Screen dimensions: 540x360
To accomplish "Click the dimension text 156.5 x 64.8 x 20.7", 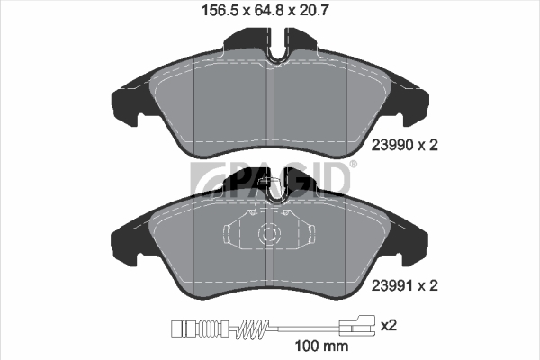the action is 265,11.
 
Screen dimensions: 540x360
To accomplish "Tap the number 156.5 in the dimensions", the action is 220,11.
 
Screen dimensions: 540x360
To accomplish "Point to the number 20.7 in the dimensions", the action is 313,11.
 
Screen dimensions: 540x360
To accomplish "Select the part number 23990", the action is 391,145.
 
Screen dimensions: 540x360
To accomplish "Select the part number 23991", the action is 391,285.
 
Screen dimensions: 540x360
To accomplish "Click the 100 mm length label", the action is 321,346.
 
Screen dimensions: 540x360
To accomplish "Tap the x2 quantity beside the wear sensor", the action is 389,325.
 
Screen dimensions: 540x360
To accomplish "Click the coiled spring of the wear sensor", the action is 253,328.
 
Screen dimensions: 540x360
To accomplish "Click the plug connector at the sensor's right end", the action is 357,325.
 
